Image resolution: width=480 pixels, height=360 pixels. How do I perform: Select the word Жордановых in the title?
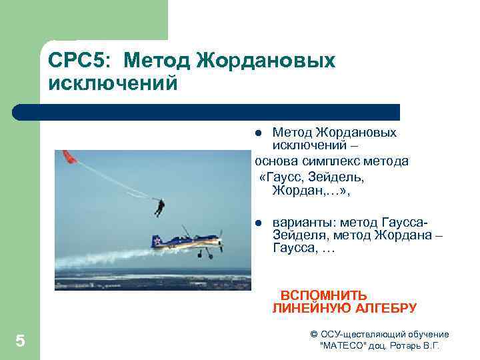tap(266, 61)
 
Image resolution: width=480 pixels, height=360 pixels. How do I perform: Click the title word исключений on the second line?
tap(113, 84)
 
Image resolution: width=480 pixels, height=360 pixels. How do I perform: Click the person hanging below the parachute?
tap(159, 207)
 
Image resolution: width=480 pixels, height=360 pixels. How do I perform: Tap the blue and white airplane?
tap(187, 241)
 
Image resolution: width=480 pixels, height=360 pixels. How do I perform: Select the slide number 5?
tap(20, 342)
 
